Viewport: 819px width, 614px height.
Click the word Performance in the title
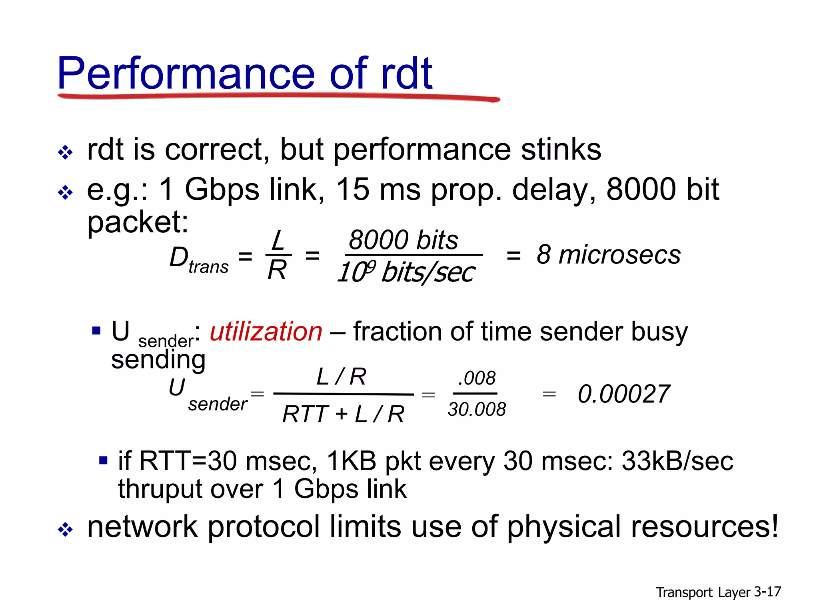pos(186,74)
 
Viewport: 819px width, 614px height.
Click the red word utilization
pos(266,332)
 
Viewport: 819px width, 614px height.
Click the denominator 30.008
pos(477,409)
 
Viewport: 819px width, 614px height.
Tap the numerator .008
pos(477,378)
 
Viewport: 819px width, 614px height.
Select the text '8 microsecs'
pos(608,255)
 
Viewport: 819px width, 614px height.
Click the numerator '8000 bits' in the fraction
pos(403,240)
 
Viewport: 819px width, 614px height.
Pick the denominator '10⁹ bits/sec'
pos(406,273)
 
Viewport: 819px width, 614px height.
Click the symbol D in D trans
pos(178,257)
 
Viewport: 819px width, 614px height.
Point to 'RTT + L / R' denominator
pos(343,414)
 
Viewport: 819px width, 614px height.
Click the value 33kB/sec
pos(677,461)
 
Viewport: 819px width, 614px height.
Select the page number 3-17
pos(767,592)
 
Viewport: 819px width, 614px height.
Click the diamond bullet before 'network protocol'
pos(65,530)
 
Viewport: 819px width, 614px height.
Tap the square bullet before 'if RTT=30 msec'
pos(103,460)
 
